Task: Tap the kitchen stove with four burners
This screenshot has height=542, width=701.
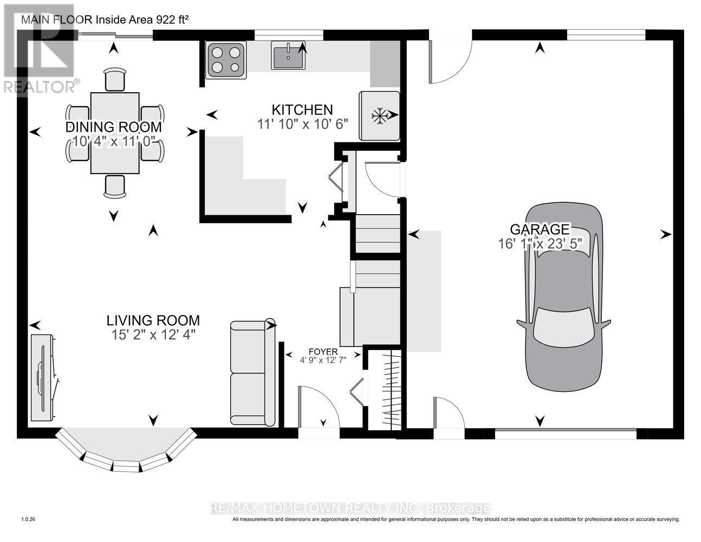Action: tap(226, 60)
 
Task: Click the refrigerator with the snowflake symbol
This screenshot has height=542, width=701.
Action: tap(379, 115)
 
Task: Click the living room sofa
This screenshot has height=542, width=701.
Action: tap(252, 373)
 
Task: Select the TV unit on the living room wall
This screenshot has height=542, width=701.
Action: tap(42, 378)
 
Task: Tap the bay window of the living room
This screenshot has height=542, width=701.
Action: tap(126, 450)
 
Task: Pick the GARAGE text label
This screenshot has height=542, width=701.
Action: tap(539, 229)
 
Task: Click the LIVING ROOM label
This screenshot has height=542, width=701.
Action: tap(153, 320)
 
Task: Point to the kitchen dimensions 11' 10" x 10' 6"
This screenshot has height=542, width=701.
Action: tap(302, 124)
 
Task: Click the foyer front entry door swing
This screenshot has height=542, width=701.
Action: tap(319, 405)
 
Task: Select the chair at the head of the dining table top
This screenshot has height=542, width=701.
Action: tap(114, 80)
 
